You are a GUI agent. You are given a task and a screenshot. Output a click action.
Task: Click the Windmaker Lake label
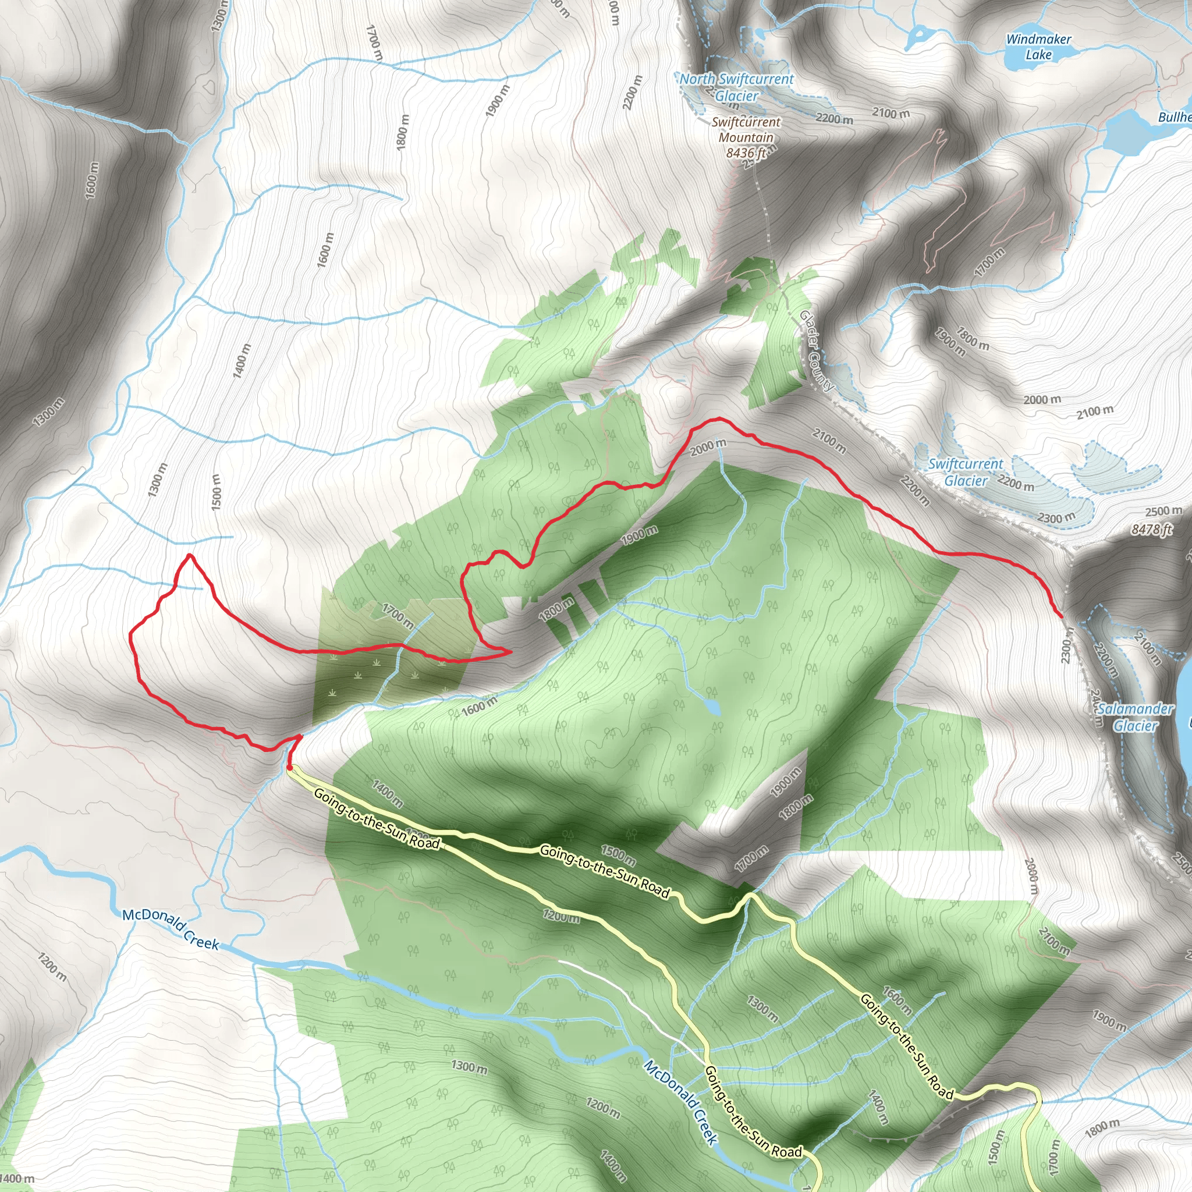(x=1038, y=47)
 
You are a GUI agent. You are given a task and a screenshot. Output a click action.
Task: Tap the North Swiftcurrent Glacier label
(x=737, y=87)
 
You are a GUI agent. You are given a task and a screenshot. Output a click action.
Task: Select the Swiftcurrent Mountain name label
(x=746, y=130)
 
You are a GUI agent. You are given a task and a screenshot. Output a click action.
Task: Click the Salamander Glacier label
(x=1135, y=717)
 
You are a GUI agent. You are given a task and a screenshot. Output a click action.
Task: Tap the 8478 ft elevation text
(x=1151, y=530)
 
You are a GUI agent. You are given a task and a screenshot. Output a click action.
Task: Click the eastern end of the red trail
(x=1060, y=616)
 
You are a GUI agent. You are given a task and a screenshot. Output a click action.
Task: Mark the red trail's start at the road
(x=289, y=768)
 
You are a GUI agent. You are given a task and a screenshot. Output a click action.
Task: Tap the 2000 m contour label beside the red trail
(x=708, y=446)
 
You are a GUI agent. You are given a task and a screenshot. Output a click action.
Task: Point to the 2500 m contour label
(x=1163, y=511)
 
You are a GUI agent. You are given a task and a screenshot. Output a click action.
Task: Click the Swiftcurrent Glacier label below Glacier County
(x=966, y=472)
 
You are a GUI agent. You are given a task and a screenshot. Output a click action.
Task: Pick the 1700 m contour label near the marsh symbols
(x=398, y=616)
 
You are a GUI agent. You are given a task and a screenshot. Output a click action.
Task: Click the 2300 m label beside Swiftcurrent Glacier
(x=1056, y=517)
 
